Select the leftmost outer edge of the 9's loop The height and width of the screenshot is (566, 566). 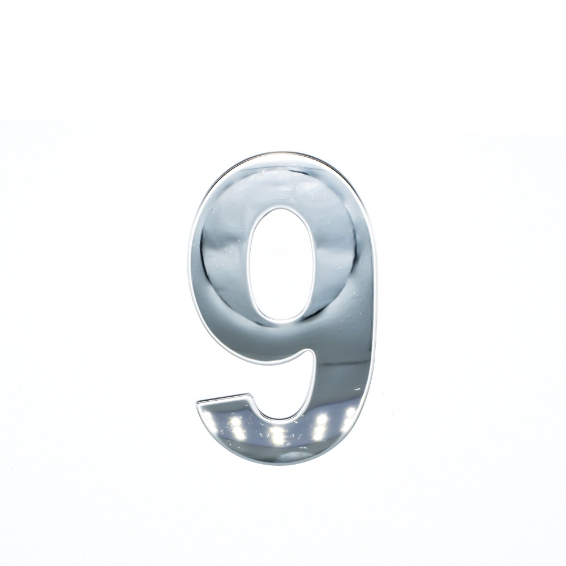[190, 260]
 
